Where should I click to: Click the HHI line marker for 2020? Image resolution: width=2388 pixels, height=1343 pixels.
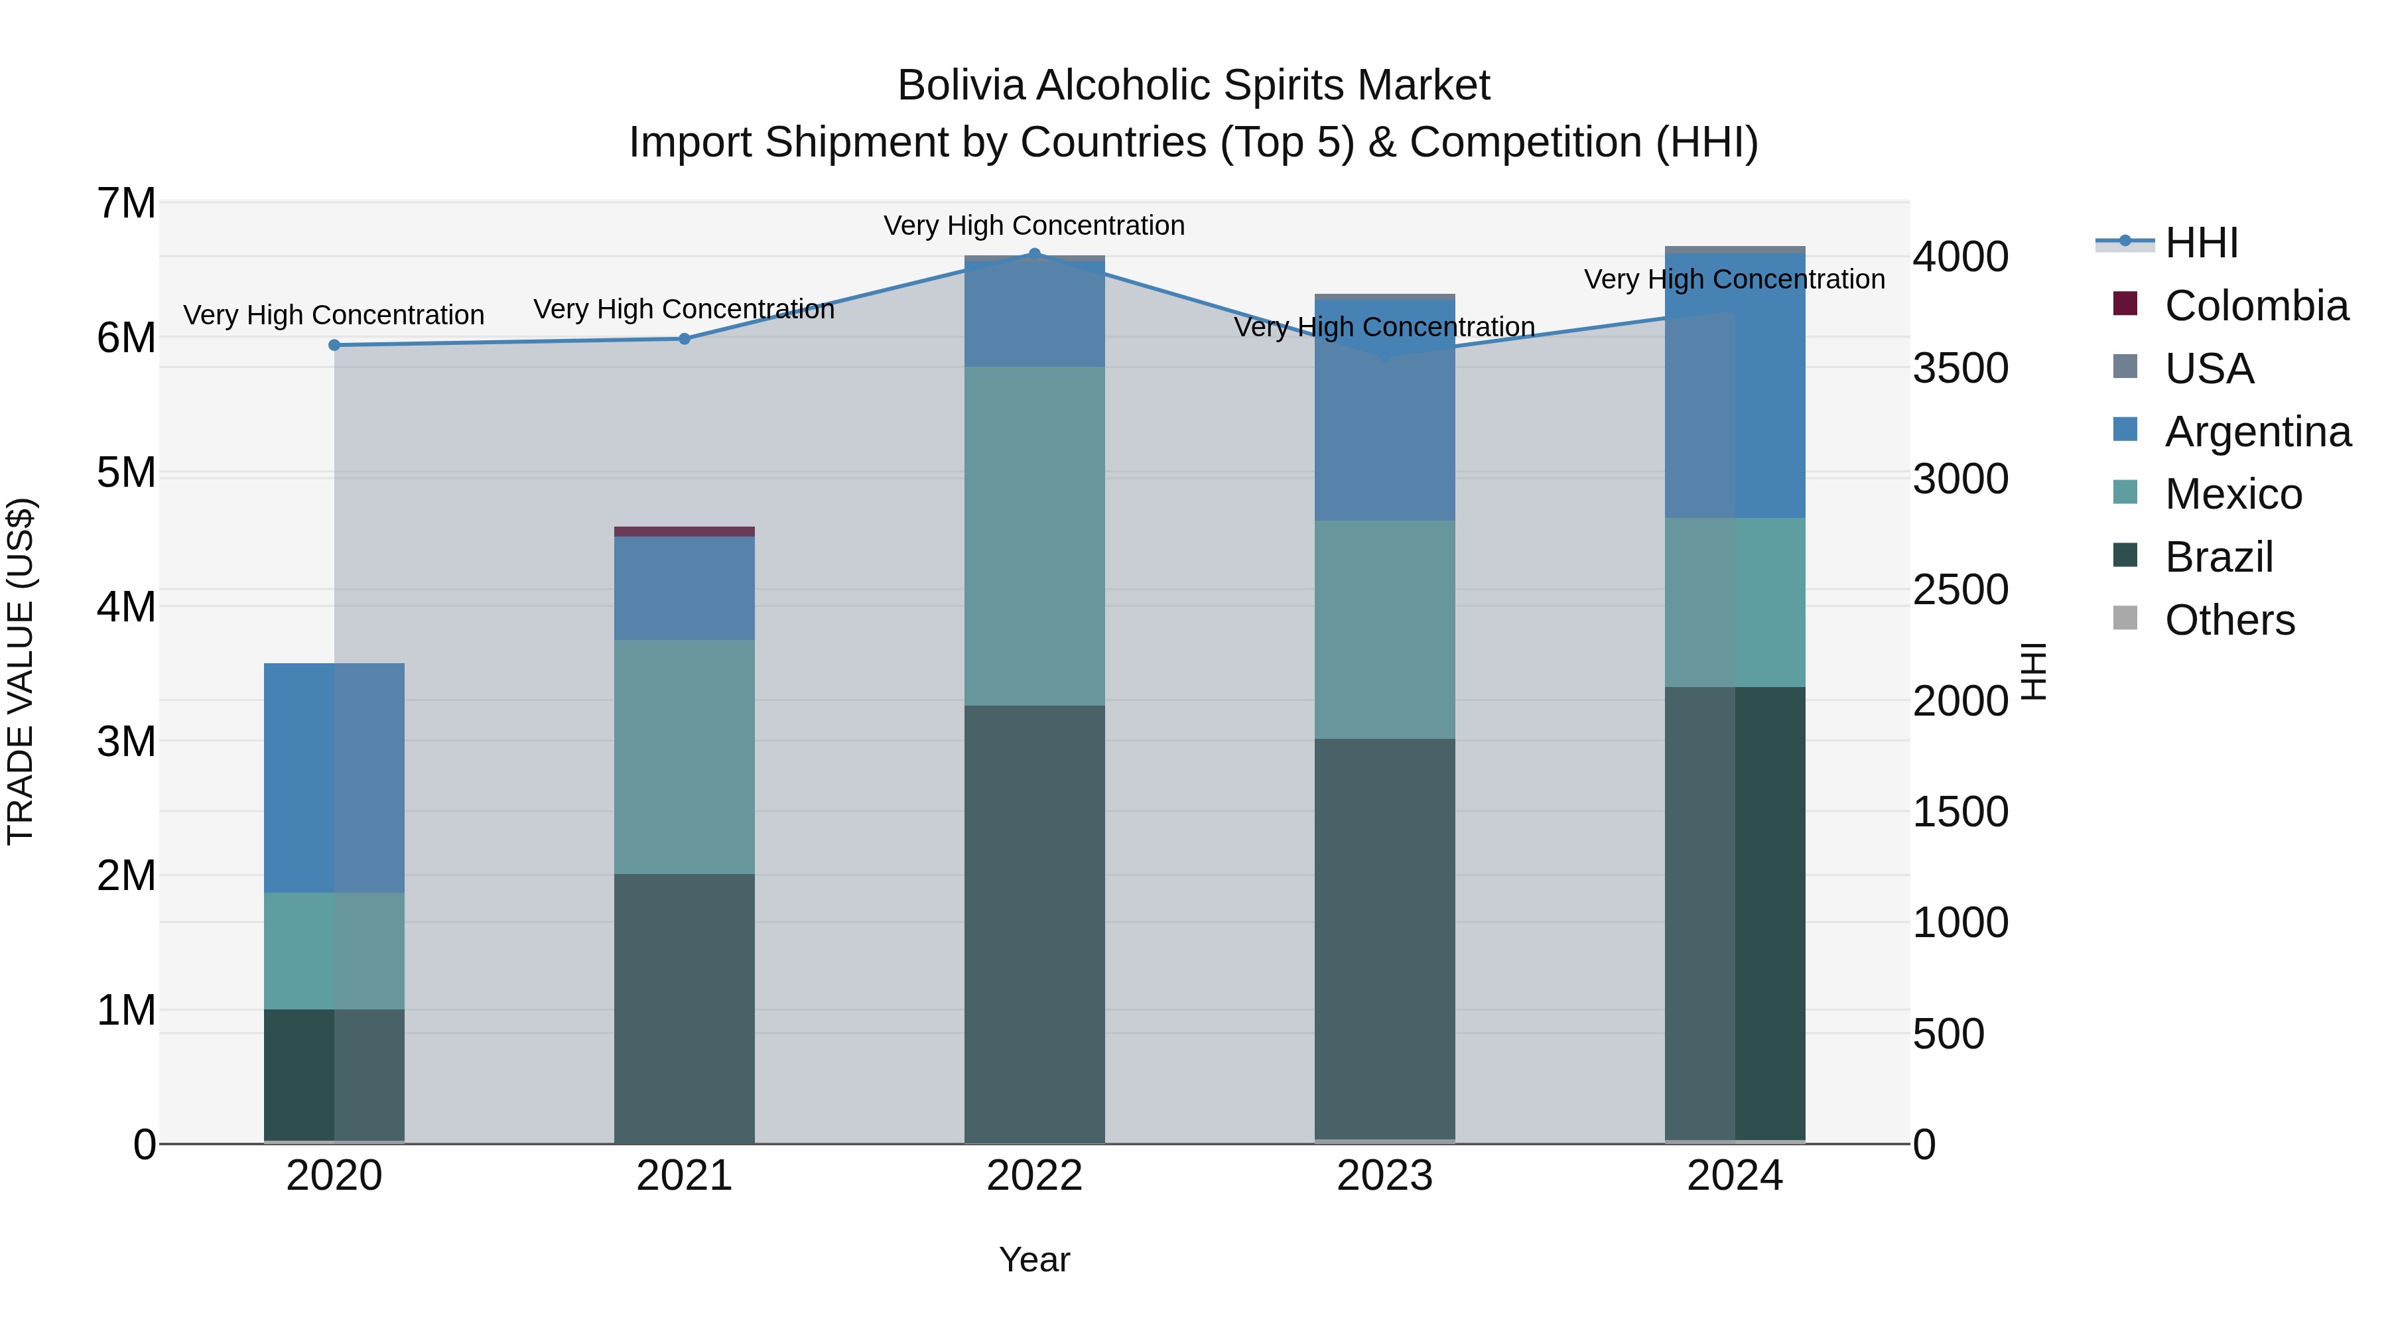[x=335, y=345]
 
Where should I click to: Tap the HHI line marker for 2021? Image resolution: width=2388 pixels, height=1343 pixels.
[x=684, y=338]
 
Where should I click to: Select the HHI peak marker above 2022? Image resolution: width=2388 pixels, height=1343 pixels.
[x=1035, y=253]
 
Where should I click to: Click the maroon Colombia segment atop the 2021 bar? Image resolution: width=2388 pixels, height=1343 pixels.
[x=684, y=531]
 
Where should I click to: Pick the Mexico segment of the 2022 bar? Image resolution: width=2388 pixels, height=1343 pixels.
[x=1035, y=536]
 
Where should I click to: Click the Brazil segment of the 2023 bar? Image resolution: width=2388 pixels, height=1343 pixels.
[x=1385, y=936]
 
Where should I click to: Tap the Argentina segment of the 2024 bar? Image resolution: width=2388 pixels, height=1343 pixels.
[x=1735, y=385]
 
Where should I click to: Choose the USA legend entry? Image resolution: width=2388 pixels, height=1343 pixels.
[x=2208, y=369]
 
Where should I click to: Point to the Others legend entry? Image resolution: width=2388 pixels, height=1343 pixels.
[x=2229, y=620]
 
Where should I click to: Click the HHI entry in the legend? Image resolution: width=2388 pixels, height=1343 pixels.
[x=2201, y=243]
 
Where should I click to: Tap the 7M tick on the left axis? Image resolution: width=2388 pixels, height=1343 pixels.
[x=126, y=203]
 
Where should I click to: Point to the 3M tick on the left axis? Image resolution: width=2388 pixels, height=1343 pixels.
[x=126, y=741]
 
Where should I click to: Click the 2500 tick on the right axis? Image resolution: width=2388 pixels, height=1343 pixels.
[x=1959, y=590]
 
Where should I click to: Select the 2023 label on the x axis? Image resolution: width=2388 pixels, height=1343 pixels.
[x=1385, y=1176]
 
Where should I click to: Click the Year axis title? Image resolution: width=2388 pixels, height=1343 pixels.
[x=1035, y=1259]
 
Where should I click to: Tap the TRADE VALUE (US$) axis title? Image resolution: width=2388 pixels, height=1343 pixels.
[x=21, y=671]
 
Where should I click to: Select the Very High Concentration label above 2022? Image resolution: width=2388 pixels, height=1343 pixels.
[x=1035, y=225]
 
